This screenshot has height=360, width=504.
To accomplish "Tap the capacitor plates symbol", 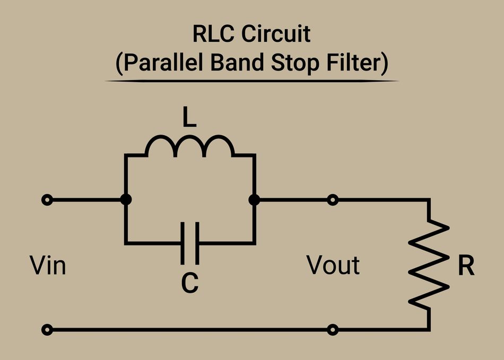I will pyautogui.click(x=190, y=243).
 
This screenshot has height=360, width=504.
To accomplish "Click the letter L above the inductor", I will pyautogui.click(x=189, y=118).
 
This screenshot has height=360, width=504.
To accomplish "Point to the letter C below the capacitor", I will pyautogui.click(x=189, y=283).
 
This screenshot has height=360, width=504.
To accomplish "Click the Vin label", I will pyautogui.click(x=48, y=265).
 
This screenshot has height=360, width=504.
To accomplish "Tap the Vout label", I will pyautogui.click(x=333, y=265).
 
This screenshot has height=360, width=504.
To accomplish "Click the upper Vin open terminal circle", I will pyautogui.click(x=48, y=200).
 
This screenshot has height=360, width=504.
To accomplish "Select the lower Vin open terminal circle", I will pyautogui.click(x=48, y=330).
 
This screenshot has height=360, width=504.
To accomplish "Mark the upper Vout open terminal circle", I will pyautogui.click(x=333, y=200).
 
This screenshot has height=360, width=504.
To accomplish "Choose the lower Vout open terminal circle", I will pyautogui.click(x=333, y=330).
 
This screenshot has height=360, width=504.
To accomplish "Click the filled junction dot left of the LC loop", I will pyautogui.click(x=126, y=200).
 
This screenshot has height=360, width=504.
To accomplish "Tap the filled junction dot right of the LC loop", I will pyautogui.click(x=255, y=200).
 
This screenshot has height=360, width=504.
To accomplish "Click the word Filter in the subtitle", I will pyautogui.click(x=357, y=63).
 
